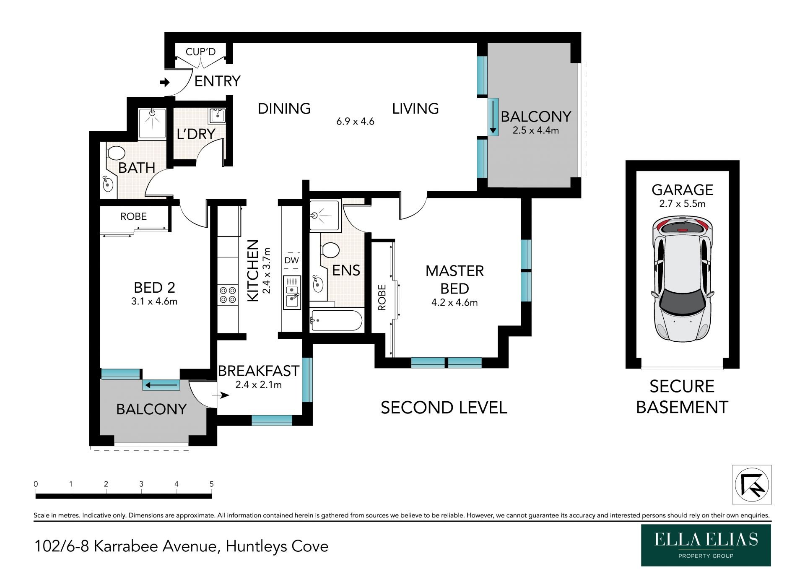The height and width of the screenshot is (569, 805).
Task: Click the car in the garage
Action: pyautogui.click(x=682, y=279)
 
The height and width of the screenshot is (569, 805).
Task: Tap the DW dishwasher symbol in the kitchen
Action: pyautogui.click(x=292, y=260)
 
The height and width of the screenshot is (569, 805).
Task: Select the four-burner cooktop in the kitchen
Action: pyautogui.click(x=227, y=294)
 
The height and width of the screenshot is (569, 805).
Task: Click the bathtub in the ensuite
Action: pyautogui.click(x=336, y=320)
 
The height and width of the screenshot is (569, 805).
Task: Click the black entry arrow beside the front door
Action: pyautogui.click(x=165, y=82)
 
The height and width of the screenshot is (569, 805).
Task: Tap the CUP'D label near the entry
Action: pyautogui.click(x=200, y=52)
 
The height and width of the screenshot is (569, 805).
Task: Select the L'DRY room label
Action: pyautogui.click(x=196, y=134)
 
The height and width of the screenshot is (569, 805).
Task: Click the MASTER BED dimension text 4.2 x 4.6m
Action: pyautogui.click(x=454, y=302)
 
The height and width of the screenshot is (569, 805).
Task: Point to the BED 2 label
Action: pyautogui.click(x=154, y=288)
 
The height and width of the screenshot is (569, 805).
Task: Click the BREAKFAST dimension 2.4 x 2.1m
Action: pyautogui.click(x=258, y=385)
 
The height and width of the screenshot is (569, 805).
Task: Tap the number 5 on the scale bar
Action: pyautogui.click(x=212, y=484)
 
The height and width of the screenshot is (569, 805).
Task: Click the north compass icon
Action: pyautogui.click(x=752, y=484)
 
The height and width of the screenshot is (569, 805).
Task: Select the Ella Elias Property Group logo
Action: pyautogui.click(x=706, y=545)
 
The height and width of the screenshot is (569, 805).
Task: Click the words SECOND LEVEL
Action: pyautogui.click(x=444, y=408)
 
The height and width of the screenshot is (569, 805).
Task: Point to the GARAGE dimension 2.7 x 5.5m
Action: pyautogui.click(x=682, y=204)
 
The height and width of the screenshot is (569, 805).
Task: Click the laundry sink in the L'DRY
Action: pyautogui.click(x=218, y=115)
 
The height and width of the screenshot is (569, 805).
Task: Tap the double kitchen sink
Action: pyautogui.click(x=292, y=292)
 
